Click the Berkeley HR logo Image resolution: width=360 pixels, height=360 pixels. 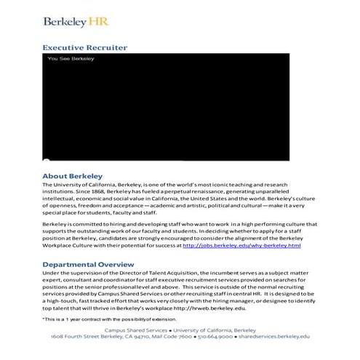pos(76,21)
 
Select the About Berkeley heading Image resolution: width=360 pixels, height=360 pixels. pos(72,176)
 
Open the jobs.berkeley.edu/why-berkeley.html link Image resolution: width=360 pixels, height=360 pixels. pos(241,246)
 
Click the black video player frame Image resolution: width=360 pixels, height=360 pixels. pos(166,109)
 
